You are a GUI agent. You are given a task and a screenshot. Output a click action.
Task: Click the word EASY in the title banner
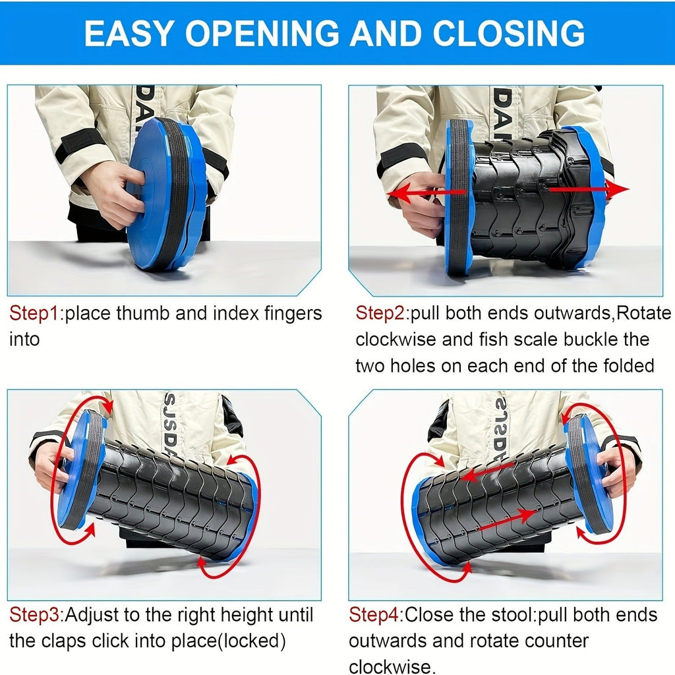pyautogui.click(x=129, y=33)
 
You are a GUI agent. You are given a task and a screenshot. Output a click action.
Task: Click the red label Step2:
pyautogui.click(x=382, y=313)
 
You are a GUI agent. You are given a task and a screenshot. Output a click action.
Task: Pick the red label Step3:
pyautogui.click(x=37, y=615)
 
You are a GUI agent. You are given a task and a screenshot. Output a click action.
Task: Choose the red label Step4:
pyautogui.click(x=376, y=615)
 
